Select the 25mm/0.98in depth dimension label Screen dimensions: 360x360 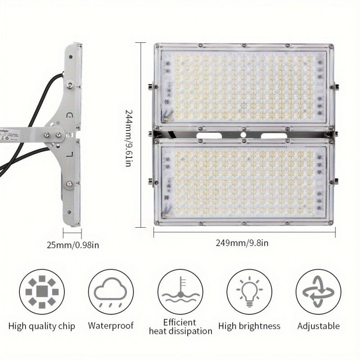tap(73, 245)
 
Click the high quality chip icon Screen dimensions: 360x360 tap(42, 292)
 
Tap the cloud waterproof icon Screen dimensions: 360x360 tap(111, 292)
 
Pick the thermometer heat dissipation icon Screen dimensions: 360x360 tap(180, 292)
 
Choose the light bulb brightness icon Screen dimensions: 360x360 tap(249, 292)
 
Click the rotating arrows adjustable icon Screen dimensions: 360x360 tap(318, 292)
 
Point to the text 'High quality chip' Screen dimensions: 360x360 tap(42, 326)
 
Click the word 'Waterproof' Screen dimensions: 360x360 tap(111, 325)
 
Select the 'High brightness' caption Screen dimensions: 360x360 tap(249, 326)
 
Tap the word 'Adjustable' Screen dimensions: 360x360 tap(318, 325)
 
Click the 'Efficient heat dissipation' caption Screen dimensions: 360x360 tap(180, 327)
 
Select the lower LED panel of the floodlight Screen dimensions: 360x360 tap(243, 182)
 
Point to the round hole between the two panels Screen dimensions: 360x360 tap(243, 135)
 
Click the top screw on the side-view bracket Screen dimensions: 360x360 tap(70, 84)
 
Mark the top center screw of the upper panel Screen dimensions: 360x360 tap(243, 45)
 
